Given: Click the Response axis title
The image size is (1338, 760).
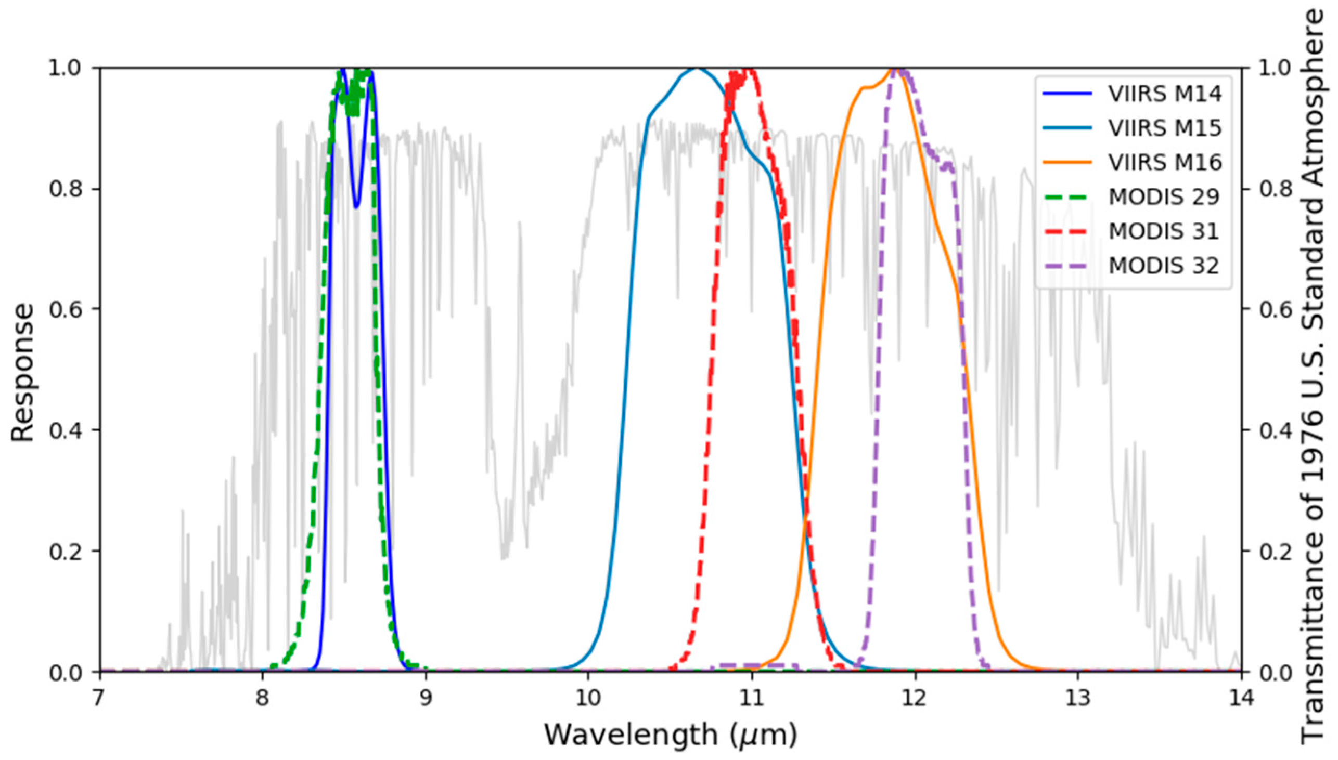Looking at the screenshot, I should click(22, 374).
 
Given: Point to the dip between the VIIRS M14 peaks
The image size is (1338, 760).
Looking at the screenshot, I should click(356, 207).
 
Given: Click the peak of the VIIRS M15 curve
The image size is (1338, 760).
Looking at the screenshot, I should click(697, 69).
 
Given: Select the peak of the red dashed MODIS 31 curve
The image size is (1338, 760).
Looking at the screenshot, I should click(750, 70).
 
